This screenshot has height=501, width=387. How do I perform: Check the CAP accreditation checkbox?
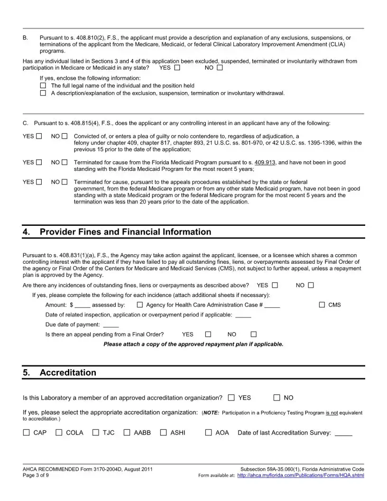(x=27, y=433)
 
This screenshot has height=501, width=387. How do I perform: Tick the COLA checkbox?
(x=59, y=433)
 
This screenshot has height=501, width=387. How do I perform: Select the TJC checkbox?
(x=96, y=433)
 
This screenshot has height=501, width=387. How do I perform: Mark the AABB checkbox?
(x=127, y=433)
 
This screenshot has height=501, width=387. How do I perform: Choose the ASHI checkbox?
(x=164, y=433)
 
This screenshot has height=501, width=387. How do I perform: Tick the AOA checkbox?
(x=209, y=433)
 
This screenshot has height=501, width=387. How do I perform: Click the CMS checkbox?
(x=322, y=305)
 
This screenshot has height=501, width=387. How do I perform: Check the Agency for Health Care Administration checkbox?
(x=140, y=305)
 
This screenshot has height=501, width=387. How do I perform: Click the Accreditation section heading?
(x=68, y=372)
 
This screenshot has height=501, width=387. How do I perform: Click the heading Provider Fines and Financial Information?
(x=126, y=232)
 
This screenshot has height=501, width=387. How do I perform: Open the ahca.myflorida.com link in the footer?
(x=300, y=475)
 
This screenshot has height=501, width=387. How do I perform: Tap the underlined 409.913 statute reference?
(x=265, y=162)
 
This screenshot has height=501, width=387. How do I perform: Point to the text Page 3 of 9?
(x=36, y=475)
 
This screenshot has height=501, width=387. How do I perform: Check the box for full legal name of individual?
(x=43, y=86)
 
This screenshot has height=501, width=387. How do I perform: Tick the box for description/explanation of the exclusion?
(x=43, y=93)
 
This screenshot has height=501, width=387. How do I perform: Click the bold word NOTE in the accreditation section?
(x=212, y=413)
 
